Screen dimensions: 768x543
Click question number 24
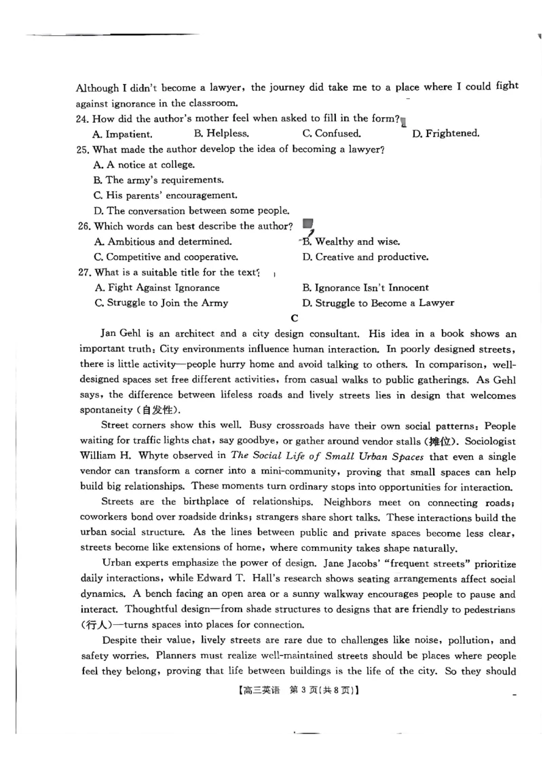84,119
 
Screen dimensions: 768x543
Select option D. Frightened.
445,134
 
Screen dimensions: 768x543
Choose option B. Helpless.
221,134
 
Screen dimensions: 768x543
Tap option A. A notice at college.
144,165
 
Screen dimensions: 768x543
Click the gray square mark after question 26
307,223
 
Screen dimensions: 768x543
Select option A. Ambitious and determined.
163,242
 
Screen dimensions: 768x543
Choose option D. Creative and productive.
365,257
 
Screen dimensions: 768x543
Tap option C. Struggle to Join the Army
162,303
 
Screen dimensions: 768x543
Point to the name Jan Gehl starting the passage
121,334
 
